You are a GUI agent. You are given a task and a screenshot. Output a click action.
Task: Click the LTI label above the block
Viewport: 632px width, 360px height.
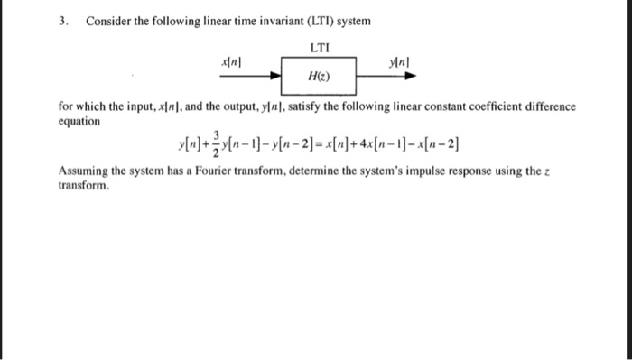click(x=320, y=45)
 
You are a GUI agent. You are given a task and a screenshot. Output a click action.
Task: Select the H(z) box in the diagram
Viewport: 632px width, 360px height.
click(x=319, y=76)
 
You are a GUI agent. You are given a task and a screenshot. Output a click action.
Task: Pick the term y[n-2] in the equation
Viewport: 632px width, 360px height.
click(x=290, y=146)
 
